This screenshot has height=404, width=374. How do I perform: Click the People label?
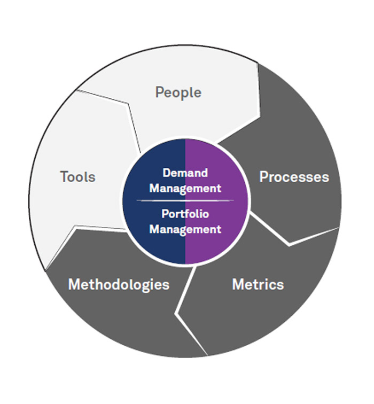pos(178,92)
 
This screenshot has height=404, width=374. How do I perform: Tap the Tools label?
pos(77,177)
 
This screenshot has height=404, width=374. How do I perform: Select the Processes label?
pos(294,177)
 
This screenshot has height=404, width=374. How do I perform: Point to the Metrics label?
pos(258,284)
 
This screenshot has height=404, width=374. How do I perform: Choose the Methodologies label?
pos(119,284)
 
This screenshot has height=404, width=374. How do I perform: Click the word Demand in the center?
pos(185,173)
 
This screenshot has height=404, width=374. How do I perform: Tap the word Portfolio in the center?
pos(185,214)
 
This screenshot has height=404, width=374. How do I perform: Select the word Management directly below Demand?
pos(185,188)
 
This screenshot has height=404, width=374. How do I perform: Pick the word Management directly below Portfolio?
pos(185,229)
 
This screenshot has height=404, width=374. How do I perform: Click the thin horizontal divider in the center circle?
pos(185,200)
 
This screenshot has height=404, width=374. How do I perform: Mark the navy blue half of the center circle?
pos(152,235)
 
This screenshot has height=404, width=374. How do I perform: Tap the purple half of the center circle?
pos(219,235)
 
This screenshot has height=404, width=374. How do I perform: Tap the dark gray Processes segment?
pos(299,139)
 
